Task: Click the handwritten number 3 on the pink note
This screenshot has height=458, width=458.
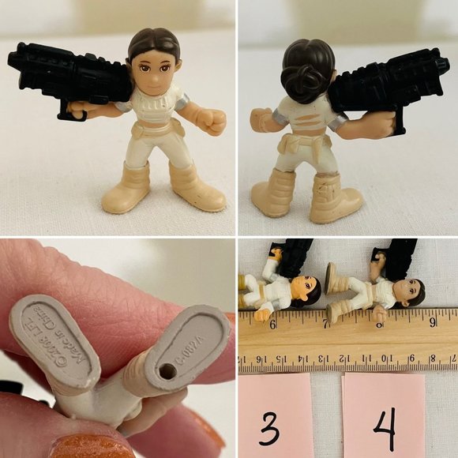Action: click(x=269, y=429)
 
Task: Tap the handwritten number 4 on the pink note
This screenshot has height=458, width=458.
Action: click(x=385, y=429)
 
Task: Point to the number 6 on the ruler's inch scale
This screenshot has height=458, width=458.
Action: click(x=273, y=323)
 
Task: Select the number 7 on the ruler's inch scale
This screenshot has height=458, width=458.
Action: click(x=327, y=323)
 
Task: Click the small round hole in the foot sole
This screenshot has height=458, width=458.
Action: click(x=166, y=370)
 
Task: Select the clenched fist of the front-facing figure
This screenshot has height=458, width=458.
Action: click(x=212, y=122)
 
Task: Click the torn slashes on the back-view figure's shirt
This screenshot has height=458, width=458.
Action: click(x=296, y=122)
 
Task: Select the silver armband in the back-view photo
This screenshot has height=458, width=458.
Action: click(x=339, y=121)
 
